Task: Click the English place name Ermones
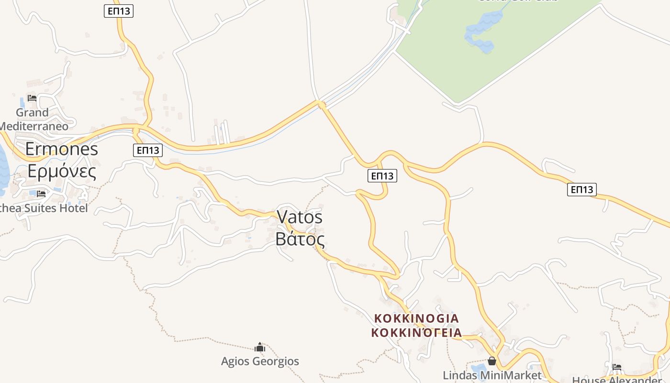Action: (61, 149)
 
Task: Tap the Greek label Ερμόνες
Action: (61, 170)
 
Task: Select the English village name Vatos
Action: (300, 217)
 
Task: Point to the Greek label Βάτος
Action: (300, 238)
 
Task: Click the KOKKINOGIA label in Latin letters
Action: (416, 318)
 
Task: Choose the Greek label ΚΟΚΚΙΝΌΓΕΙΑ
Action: (416, 332)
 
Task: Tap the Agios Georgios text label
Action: (260, 361)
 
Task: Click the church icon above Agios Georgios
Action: (260, 347)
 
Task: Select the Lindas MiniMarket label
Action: (492, 375)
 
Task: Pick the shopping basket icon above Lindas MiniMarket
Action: (492, 361)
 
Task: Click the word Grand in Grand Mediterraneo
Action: (32, 113)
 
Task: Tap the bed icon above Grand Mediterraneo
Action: (32, 98)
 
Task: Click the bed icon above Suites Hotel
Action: (41, 193)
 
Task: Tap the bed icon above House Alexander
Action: (617, 367)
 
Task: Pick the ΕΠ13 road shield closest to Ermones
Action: (148, 150)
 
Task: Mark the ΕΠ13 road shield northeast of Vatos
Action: (382, 176)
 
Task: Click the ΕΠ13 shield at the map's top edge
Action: (119, 11)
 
